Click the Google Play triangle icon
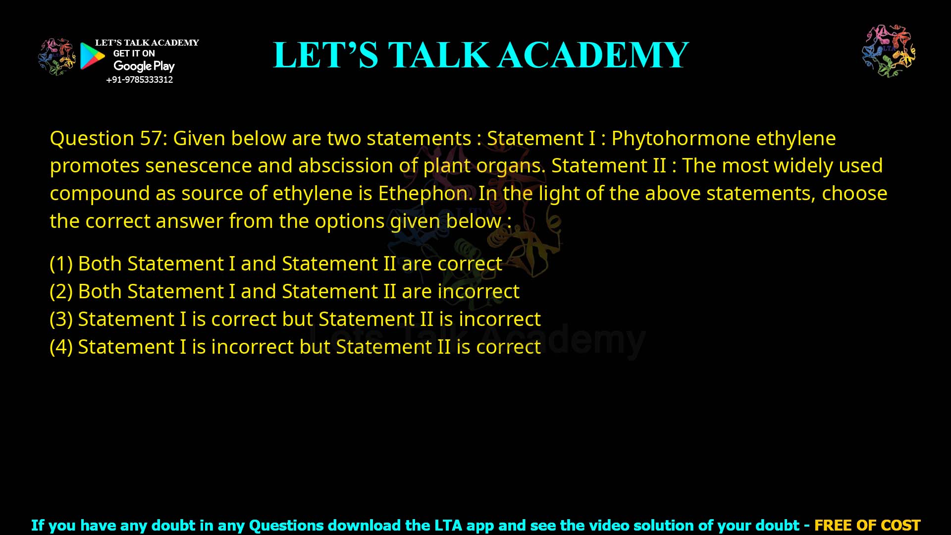(92, 56)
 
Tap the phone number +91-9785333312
(140, 80)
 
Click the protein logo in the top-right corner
(889, 51)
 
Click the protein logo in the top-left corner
(56, 57)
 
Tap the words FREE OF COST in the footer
(867, 525)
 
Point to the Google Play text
(144, 66)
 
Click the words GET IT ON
(134, 53)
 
